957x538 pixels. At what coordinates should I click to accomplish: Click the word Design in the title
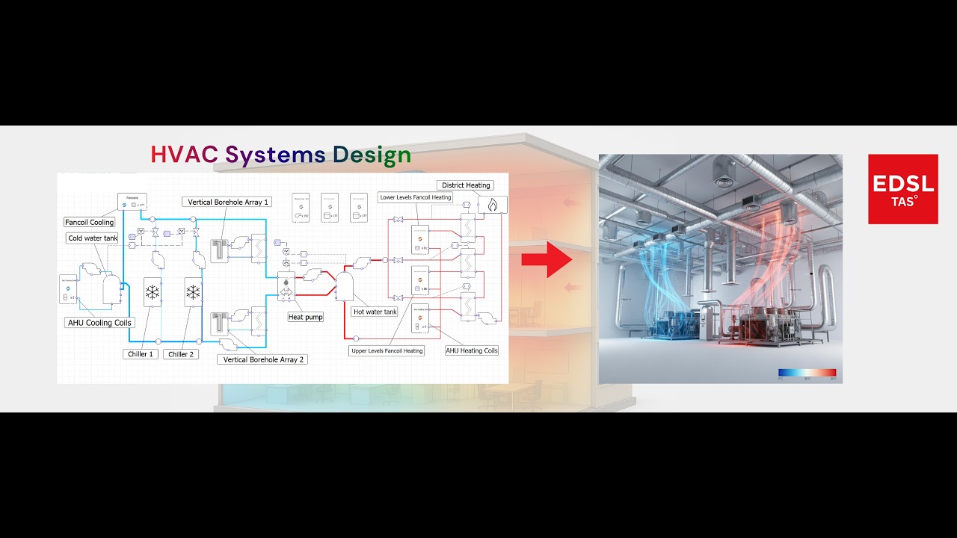[x=372, y=155]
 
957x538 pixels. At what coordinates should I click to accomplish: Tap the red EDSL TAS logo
[x=902, y=189]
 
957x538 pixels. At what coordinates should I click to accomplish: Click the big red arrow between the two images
[x=547, y=259]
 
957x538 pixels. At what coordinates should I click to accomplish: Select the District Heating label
[x=466, y=185]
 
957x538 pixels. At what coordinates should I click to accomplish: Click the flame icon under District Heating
[x=492, y=204]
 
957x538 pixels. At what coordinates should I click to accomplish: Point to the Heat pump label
[x=306, y=317]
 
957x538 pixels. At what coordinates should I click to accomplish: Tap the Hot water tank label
[x=375, y=312]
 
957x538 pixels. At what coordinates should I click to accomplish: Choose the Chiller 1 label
[x=141, y=354]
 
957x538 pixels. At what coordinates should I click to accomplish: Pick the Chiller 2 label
[x=181, y=354]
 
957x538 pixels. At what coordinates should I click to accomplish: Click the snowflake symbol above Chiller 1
[x=153, y=292]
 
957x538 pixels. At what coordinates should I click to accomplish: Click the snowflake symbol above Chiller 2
[x=193, y=292]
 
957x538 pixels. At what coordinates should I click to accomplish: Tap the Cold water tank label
[x=93, y=238]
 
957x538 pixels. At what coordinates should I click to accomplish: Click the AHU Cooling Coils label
[x=99, y=323]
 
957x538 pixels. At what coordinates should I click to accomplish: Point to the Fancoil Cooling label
[x=90, y=222]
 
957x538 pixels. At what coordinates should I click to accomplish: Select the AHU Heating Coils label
[x=472, y=350]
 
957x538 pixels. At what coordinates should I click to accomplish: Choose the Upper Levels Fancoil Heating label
[x=387, y=350]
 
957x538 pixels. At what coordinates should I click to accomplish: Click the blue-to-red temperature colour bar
[x=807, y=372]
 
